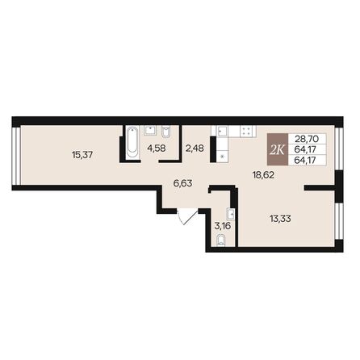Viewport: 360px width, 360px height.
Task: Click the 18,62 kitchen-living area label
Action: tap(264, 173)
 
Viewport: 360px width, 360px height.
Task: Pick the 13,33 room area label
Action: tap(279, 217)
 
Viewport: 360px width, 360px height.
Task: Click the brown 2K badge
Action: tap(276, 149)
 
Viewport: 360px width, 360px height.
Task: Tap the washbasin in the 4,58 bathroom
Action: tap(149, 130)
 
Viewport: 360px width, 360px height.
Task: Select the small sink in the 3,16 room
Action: tap(232, 216)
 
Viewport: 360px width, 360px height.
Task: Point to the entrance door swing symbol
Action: tap(186, 216)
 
